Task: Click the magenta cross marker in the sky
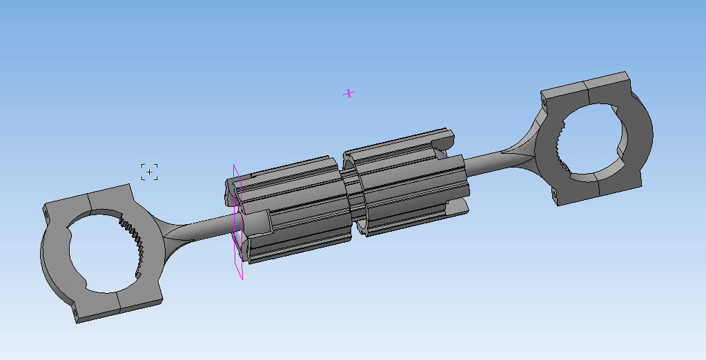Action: point(349,93)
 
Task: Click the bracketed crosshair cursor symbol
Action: point(150,172)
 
